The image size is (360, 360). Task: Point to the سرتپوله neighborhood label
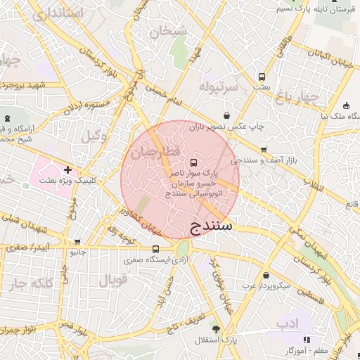click(220, 86)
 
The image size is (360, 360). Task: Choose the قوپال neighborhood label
click(112, 281)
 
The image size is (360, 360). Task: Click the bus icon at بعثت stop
click(262, 77)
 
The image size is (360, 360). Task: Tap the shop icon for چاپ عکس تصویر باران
click(226, 115)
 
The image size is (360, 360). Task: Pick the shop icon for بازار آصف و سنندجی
click(264, 150)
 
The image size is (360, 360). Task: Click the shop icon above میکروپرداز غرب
click(265, 275)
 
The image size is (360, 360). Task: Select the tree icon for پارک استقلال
click(216, 328)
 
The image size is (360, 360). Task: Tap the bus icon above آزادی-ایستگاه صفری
click(155, 249)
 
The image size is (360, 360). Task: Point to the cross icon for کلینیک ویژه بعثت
click(67, 169)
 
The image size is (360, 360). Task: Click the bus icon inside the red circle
click(194, 162)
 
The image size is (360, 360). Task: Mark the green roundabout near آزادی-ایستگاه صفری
click(183, 248)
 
